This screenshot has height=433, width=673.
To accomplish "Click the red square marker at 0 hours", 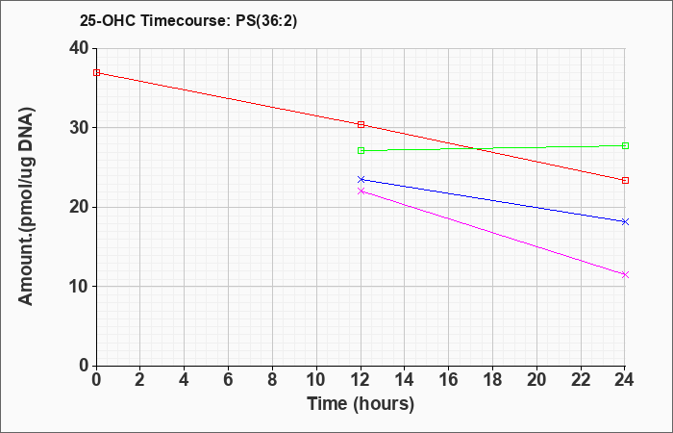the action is [x=96, y=72].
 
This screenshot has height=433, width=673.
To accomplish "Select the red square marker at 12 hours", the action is [x=361, y=124].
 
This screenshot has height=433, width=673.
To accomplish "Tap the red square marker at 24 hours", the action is [x=625, y=181].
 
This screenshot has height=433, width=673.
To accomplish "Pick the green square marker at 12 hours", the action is [x=361, y=150].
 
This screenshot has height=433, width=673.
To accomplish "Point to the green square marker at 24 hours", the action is [x=625, y=145].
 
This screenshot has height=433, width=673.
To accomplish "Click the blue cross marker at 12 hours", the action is [x=361, y=179].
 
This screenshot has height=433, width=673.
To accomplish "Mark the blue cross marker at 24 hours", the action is [x=625, y=221].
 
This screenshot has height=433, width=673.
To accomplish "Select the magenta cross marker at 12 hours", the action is [x=361, y=191].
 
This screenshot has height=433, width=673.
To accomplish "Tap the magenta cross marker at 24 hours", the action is [x=625, y=274].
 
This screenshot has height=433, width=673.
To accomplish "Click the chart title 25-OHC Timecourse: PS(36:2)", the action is [x=188, y=21].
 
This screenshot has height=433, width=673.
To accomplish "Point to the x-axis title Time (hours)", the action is [x=361, y=404].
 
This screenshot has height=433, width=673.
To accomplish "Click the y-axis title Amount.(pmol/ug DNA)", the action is [x=27, y=206].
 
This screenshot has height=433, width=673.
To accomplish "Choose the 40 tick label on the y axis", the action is [x=79, y=48].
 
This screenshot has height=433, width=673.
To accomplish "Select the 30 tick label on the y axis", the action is [x=79, y=128].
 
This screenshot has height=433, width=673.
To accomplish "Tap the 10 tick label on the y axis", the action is [x=79, y=287].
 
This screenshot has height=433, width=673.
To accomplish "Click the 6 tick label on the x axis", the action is [x=229, y=380].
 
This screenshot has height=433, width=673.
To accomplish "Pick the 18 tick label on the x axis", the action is [x=493, y=380].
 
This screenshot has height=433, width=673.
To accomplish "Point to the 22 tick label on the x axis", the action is [x=581, y=380].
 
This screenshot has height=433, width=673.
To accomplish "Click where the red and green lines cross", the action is [x=475, y=148].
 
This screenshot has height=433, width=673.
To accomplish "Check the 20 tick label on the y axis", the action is [x=79, y=207].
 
